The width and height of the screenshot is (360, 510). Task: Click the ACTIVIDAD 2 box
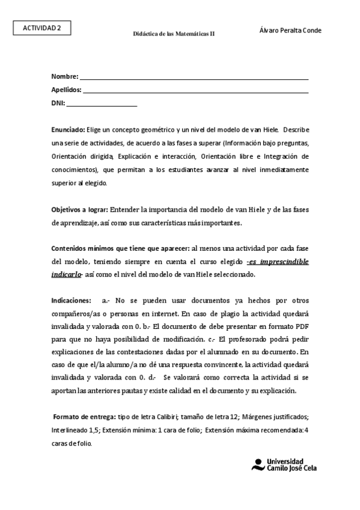click(42, 27)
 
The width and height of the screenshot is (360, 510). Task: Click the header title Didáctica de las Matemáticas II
click(174, 34)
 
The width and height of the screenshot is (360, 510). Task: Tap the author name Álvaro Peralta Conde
click(290, 30)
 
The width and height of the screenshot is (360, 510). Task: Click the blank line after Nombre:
click(194, 78)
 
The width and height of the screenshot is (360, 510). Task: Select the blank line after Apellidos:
click(196, 91)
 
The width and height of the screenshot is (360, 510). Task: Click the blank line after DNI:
click(102, 105)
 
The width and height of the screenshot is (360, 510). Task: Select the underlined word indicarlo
click(66, 274)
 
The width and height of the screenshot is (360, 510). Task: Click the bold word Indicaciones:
click(72, 300)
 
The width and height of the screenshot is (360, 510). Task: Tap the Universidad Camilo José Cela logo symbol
click(258, 464)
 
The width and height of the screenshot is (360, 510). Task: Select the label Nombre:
click(64, 77)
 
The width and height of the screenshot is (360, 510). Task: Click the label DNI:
click(58, 103)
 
